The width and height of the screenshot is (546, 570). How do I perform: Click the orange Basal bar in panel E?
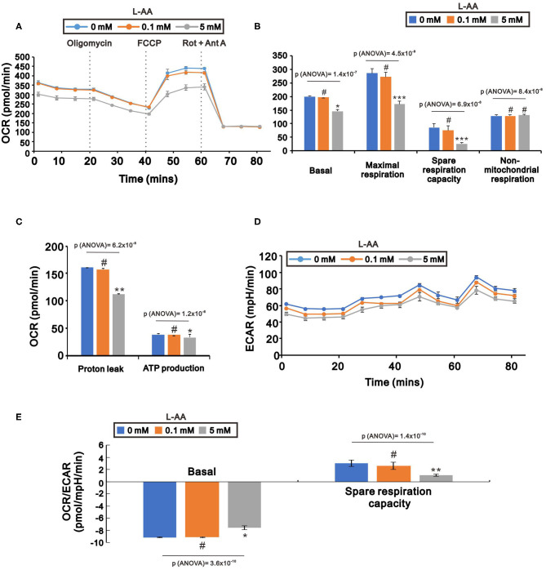(x=210, y=509)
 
